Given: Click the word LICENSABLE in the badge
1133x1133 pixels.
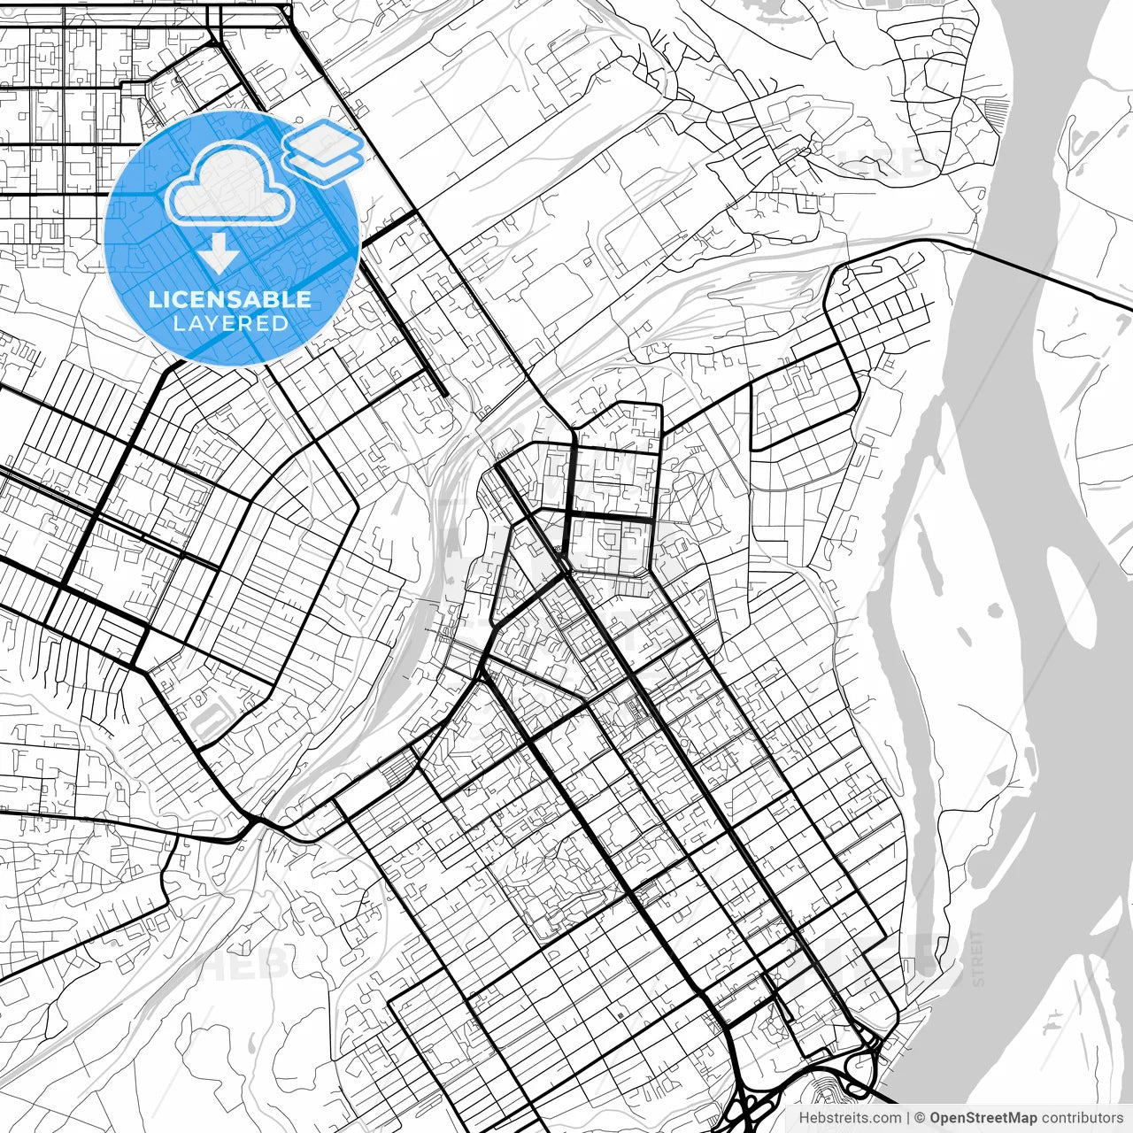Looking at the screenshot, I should [230, 299].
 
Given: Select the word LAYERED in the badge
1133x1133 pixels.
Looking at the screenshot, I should [230, 324].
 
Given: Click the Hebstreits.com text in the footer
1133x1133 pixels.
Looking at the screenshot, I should [850, 1118].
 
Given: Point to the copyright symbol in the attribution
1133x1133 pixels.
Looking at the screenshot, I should [920, 1118].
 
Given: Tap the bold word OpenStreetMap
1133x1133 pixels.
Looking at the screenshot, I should [983, 1118].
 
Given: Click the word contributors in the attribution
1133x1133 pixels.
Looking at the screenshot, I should [1082, 1118].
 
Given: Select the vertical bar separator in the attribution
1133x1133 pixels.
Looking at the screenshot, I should [909, 1118].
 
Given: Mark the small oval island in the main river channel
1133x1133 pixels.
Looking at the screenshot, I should [995, 610].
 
